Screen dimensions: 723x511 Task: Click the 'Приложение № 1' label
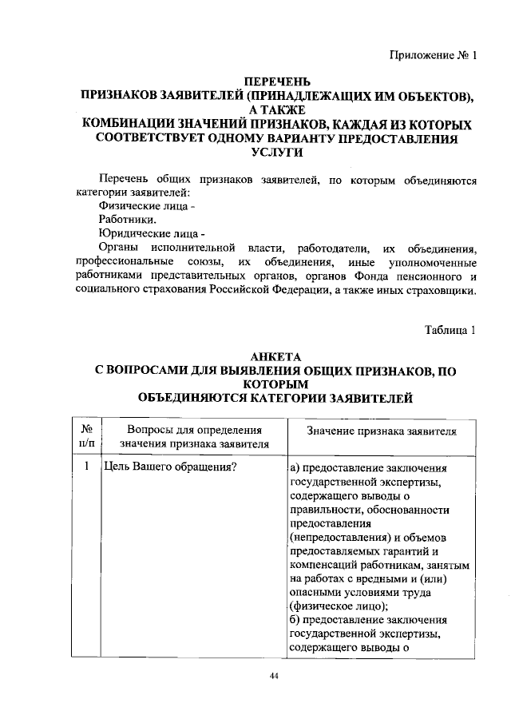coord(432,56)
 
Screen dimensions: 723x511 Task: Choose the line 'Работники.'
coord(127,220)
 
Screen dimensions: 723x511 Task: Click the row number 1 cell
coord(85,466)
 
